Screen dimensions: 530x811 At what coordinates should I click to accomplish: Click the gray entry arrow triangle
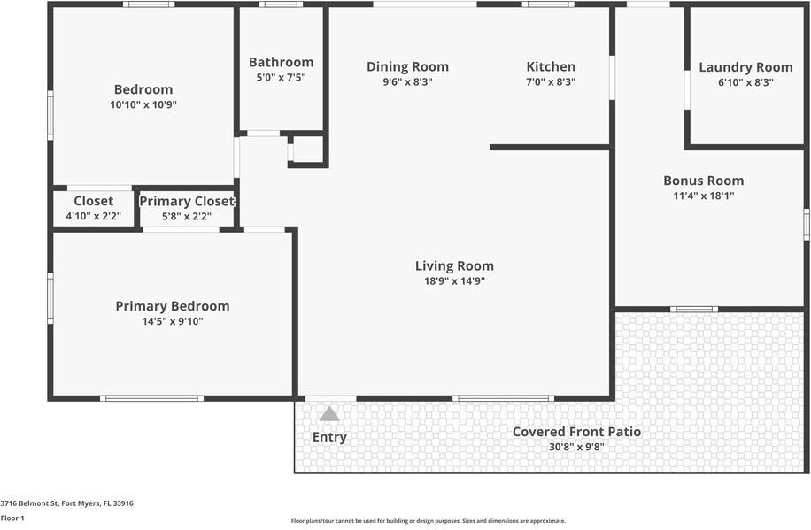click(329, 413)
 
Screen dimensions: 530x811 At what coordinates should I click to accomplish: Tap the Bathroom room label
click(281, 62)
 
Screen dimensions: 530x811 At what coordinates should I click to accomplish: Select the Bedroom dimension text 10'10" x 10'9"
click(143, 104)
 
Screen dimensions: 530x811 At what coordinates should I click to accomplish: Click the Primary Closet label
click(187, 201)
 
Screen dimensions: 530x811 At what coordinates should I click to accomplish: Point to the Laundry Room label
click(745, 67)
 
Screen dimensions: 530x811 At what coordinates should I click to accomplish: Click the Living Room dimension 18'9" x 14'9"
click(454, 281)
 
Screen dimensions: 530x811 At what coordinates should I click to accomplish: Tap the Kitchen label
click(551, 66)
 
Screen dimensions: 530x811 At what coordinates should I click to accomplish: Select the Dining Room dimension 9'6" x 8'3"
click(407, 81)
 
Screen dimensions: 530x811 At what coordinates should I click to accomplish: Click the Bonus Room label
click(703, 181)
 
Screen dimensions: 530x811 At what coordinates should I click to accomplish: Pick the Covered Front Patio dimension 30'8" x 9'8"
click(576, 447)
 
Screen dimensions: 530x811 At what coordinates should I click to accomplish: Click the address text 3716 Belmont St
click(67, 503)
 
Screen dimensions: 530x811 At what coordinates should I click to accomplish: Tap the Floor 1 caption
click(12, 518)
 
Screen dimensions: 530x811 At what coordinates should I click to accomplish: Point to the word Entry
click(329, 437)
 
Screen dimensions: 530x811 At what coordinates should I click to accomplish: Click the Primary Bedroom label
click(172, 306)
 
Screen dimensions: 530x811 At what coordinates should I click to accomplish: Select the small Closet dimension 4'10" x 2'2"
click(93, 216)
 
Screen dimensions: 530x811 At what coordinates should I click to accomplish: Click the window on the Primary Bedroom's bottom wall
click(152, 398)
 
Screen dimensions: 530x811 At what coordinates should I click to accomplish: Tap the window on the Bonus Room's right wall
click(806, 223)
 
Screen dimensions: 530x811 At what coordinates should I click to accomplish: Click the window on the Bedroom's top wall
click(148, 4)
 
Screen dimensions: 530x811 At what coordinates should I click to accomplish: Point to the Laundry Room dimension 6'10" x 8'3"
click(745, 82)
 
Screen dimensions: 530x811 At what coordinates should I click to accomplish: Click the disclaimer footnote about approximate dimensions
click(429, 521)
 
